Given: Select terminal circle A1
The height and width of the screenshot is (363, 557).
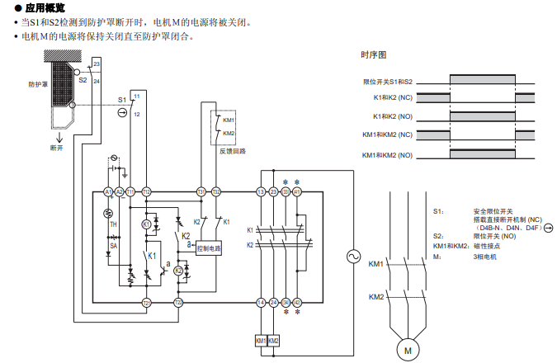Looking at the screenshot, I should click(x=107, y=191).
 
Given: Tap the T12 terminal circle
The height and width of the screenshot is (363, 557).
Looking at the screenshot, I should click(x=146, y=191).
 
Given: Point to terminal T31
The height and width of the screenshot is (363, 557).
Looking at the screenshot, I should click(x=201, y=191).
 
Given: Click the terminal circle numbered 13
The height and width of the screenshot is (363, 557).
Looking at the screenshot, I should click(x=261, y=191).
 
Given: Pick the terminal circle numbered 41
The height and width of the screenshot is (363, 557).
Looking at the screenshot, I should click(x=297, y=191).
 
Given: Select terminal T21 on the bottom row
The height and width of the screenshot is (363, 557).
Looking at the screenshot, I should click(x=146, y=303).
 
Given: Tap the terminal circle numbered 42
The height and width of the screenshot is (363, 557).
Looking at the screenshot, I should click(x=297, y=303).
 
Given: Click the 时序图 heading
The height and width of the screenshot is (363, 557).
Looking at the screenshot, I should click(x=373, y=55).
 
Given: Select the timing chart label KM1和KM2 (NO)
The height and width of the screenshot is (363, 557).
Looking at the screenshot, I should click(x=387, y=155).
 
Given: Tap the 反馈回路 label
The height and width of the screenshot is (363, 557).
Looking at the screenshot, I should click(x=232, y=150).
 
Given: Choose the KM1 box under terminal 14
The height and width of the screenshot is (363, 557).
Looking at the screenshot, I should click(x=261, y=340).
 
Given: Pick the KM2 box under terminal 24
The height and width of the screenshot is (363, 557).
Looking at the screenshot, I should click(x=274, y=340).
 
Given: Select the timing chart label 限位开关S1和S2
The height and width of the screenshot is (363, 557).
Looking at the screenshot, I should click(x=388, y=82).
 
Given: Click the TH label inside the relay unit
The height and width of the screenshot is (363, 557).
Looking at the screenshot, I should click(x=113, y=224).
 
